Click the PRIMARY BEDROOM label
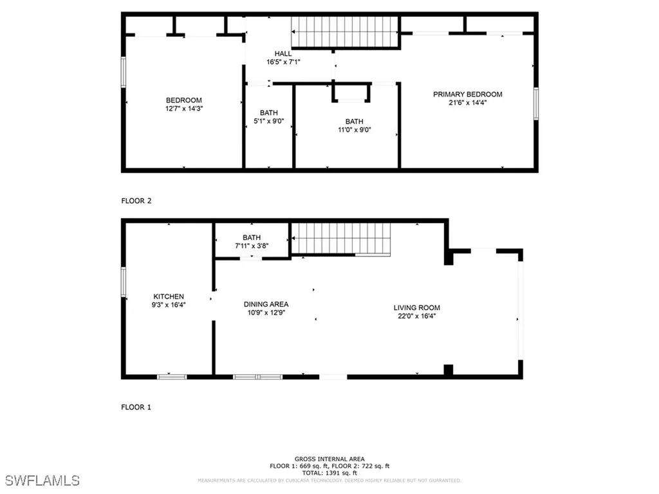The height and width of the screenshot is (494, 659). pos(467,95)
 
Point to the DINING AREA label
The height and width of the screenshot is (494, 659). pos(266,304)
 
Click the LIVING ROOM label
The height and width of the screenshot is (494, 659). pos(417,307)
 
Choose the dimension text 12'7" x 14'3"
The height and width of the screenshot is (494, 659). pos(184,109)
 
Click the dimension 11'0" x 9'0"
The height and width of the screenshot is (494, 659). pos(354,130)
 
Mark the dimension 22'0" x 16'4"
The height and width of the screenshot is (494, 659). pos(417,316)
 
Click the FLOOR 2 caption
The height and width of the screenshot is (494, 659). pos(136,201)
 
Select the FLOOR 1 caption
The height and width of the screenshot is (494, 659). pos(136,407)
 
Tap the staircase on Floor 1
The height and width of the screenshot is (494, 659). pos(341,239)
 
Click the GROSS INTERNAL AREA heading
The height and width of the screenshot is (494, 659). pos(329,459)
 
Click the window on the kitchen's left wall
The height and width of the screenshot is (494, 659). pos(124,282)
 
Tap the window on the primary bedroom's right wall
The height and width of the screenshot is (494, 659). pos(536,103)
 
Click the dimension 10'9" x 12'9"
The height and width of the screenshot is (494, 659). pos(266,313)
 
